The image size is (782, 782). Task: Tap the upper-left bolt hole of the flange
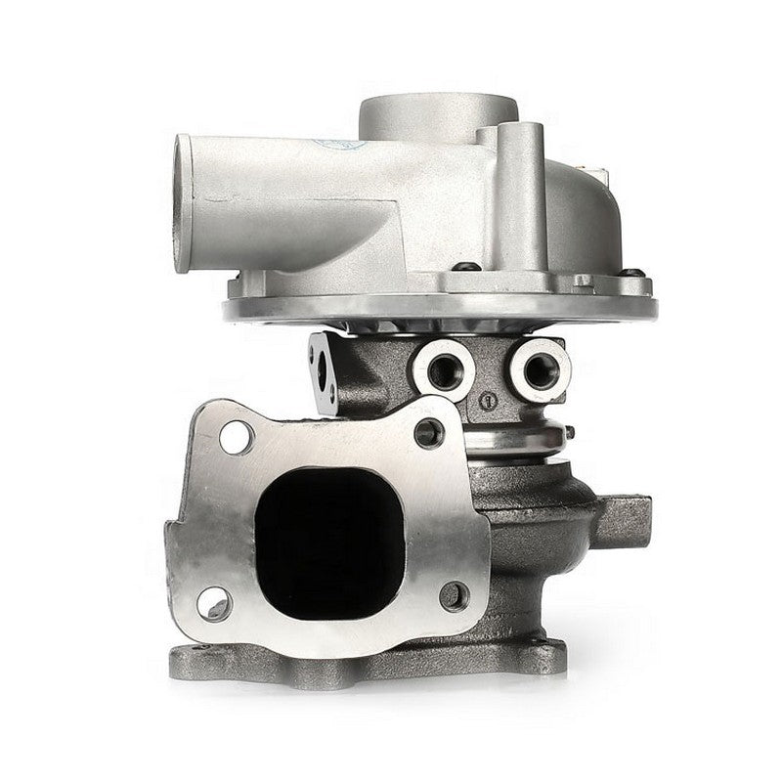[x=236, y=437]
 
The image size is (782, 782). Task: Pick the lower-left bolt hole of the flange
[x=212, y=604]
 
